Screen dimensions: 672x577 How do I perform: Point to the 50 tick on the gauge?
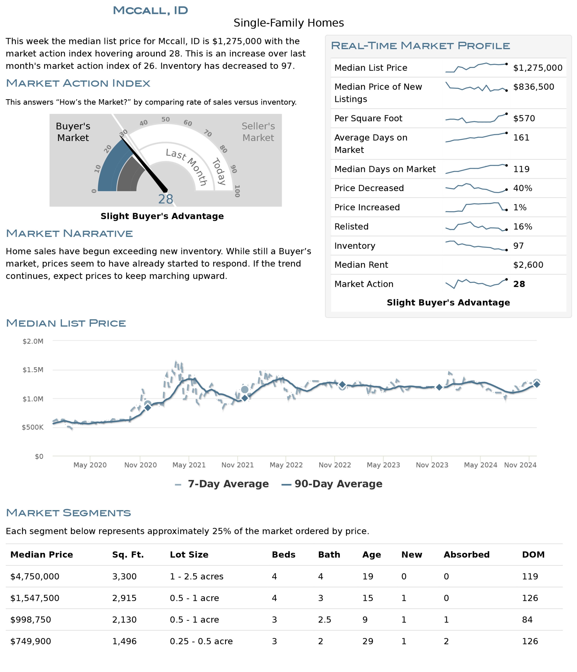coord(165,119)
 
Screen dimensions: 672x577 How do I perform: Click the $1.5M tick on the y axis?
coord(33,370)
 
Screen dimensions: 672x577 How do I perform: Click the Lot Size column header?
coord(189,554)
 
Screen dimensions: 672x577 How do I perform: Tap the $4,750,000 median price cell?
coord(35,576)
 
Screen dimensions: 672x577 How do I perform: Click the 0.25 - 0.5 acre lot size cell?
coord(201,641)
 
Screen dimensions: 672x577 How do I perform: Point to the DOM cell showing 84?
coord(527,619)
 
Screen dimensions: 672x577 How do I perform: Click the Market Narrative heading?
coord(69,234)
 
